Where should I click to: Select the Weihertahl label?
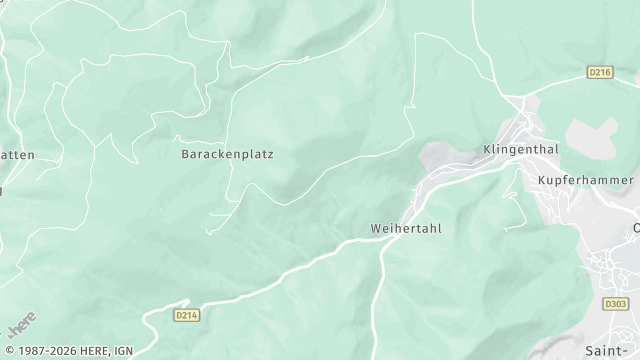(x=405, y=228)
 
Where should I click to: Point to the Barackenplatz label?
(x=227, y=155)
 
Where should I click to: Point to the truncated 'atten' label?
(x=17, y=155)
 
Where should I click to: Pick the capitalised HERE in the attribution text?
(x=117, y=351)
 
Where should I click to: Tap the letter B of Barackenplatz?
(x=185, y=155)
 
